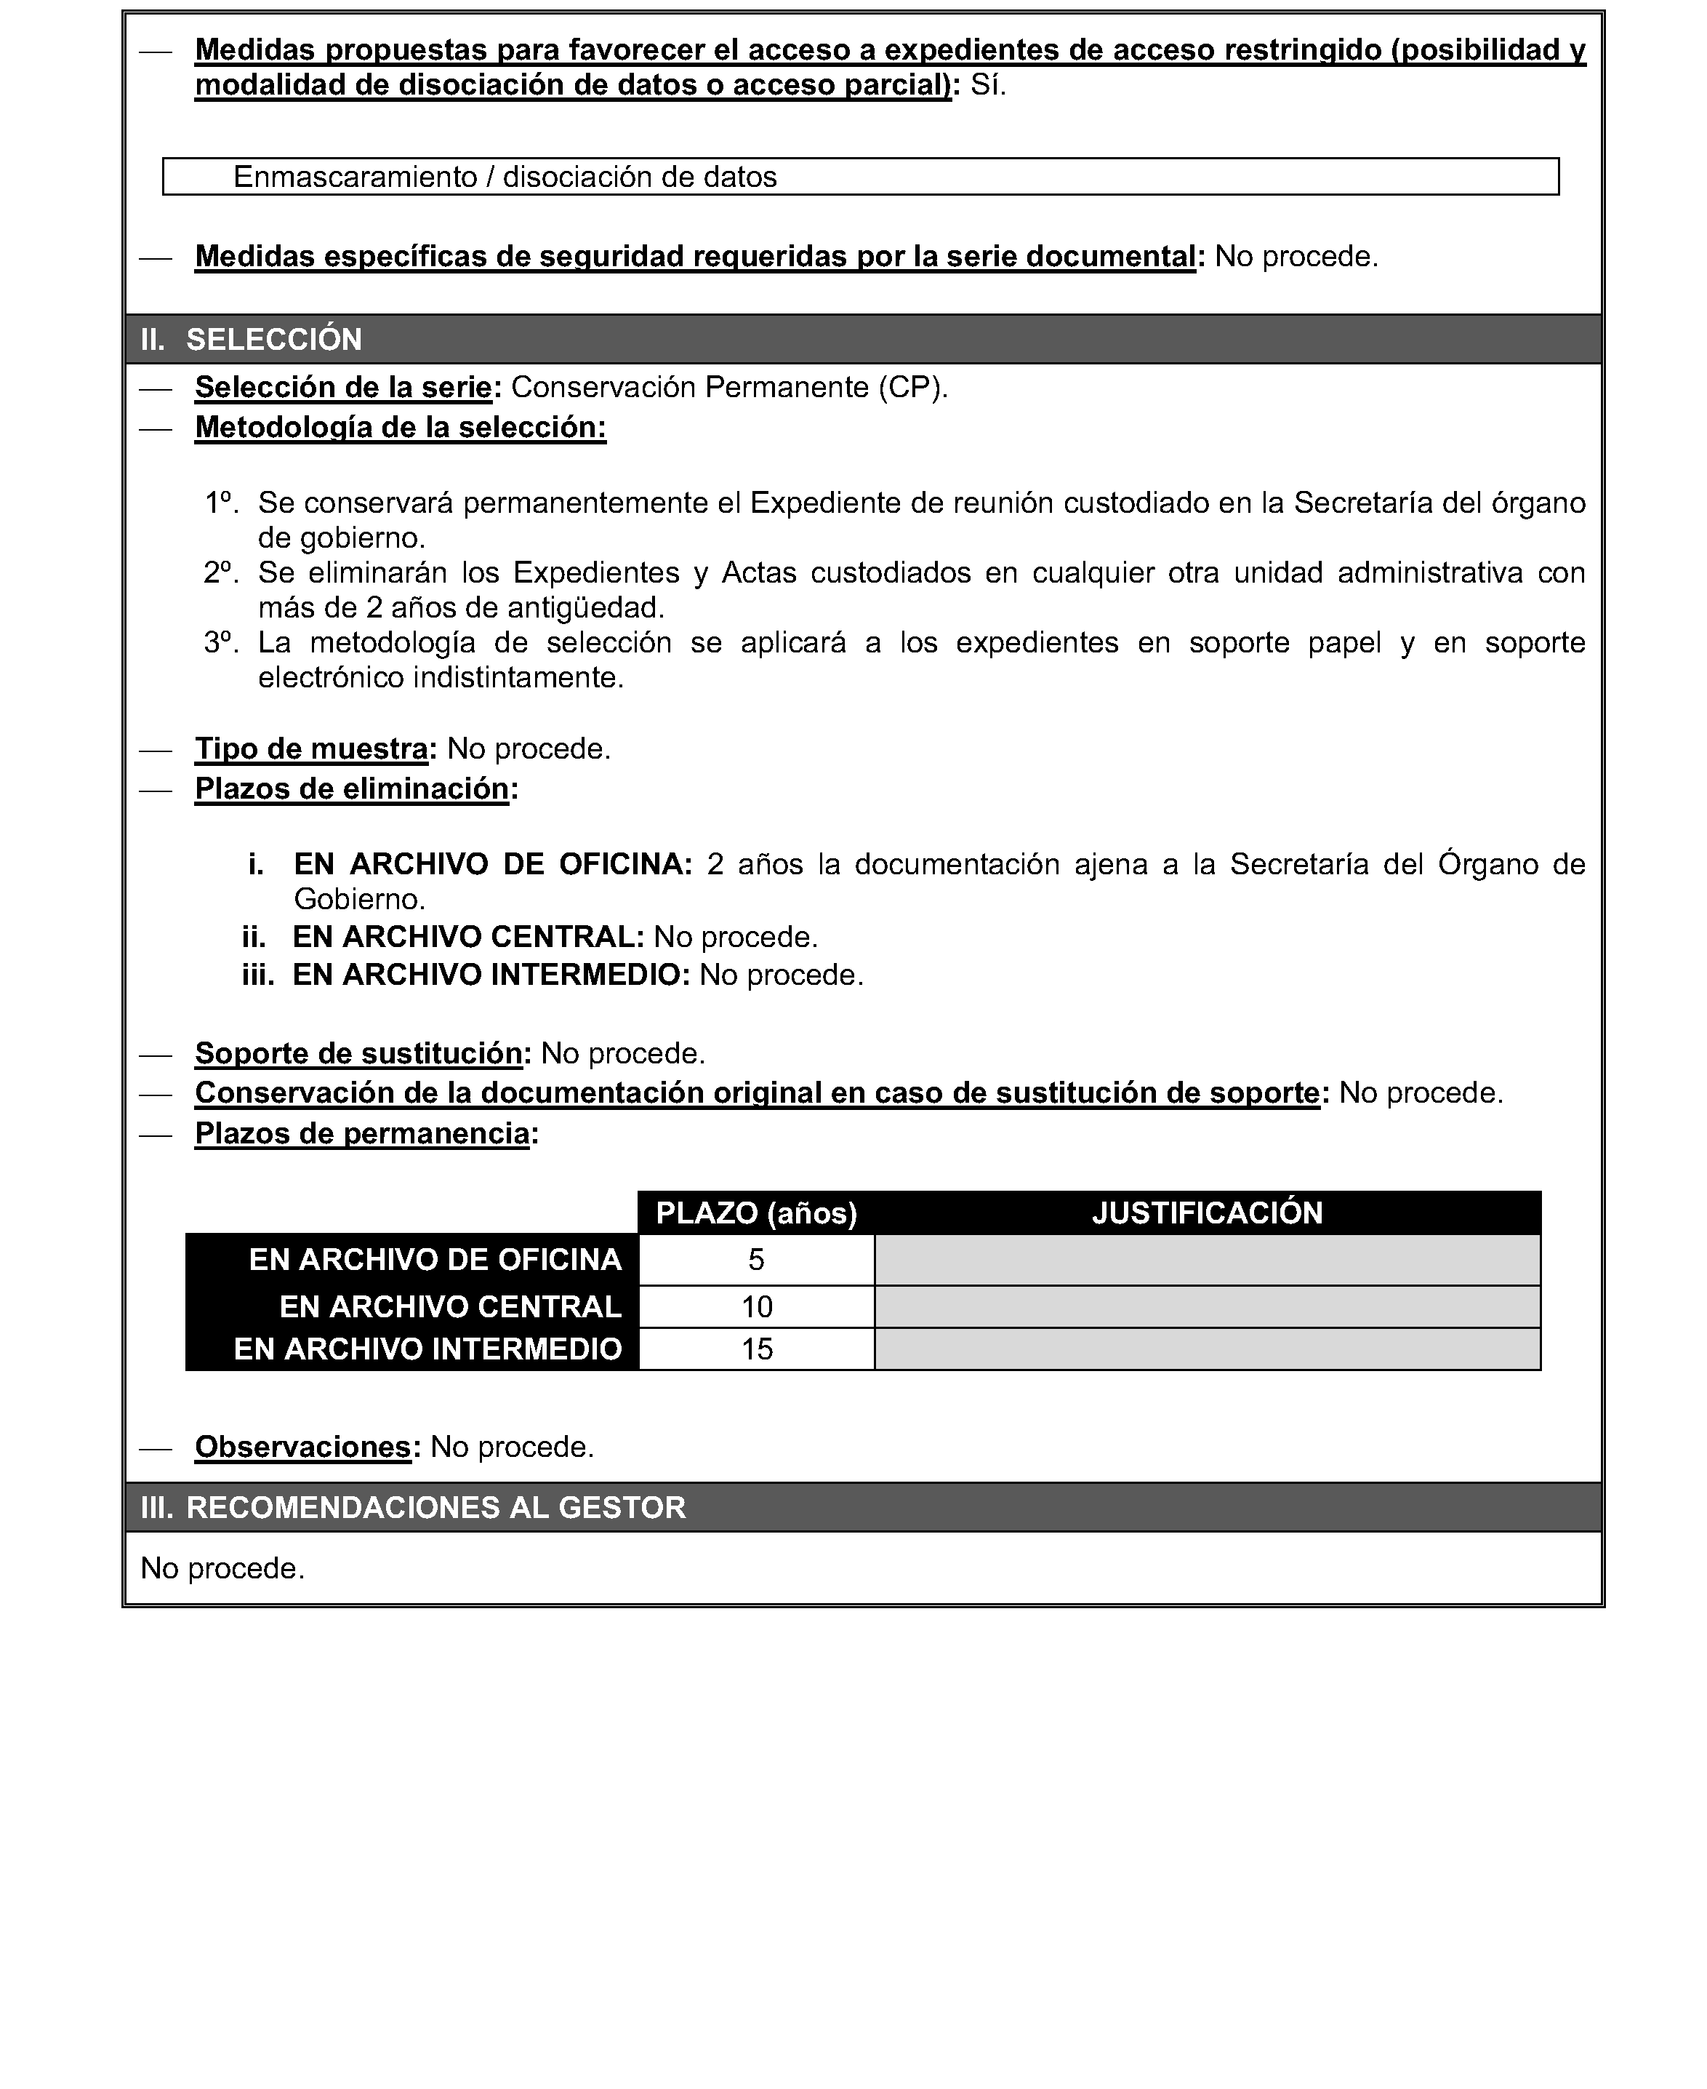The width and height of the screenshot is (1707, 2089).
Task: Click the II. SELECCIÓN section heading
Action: tap(251, 339)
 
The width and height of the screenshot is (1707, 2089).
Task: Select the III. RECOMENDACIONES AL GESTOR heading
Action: tap(413, 1508)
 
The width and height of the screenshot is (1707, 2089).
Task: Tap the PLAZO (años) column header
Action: tap(756, 1213)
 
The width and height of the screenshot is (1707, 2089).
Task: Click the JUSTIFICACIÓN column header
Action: tap(1207, 1213)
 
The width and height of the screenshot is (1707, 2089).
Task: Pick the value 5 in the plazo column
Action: tap(756, 1260)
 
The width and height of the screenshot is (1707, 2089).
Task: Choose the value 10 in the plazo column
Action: tap(756, 1307)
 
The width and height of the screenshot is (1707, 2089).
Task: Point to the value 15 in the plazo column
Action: tap(756, 1349)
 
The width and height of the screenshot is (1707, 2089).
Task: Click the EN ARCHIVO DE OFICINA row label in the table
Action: tap(435, 1260)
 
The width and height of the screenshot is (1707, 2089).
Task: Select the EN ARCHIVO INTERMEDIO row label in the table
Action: tap(427, 1349)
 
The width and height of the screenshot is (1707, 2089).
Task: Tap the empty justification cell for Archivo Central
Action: tap(1207, 1307)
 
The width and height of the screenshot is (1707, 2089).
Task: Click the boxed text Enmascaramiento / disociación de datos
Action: tap(505, 177)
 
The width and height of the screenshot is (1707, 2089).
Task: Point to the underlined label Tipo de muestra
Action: tap(310, 748)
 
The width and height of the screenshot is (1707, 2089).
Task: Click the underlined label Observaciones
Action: tap(302, 1447)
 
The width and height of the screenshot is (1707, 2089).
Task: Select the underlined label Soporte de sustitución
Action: tap(358, 1053)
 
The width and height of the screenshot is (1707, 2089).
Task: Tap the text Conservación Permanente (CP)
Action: tap(728, 388)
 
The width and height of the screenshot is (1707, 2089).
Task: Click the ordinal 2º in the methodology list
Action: tap(221, 572)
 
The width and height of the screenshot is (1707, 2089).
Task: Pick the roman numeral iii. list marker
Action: tap(257, 975)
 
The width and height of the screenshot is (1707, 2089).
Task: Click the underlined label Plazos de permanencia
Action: tap(362, 1134)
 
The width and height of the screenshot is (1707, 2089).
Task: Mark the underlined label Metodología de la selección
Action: tap(400, 428)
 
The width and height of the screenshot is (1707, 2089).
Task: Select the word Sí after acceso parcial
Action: tap(987, 86)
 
